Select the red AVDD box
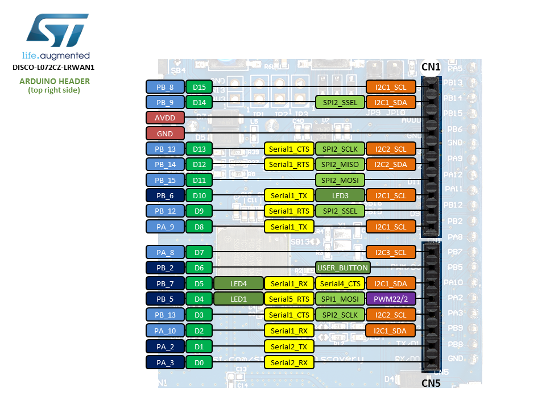point(165,118)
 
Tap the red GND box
point(165,133)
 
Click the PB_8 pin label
point(165,87)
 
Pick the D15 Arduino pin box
point(199,87)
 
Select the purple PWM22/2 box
point(391,299)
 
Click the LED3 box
point(340,195)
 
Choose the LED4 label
point(239,283)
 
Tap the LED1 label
point(239,299)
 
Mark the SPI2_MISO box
point(340,164)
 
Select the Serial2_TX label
point(289,347)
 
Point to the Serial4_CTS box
point(340,283)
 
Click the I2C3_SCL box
point(391,252)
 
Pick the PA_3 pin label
point(165,362)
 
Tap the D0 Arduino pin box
point(199,362)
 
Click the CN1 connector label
point(431,67)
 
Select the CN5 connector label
point(431,383)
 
